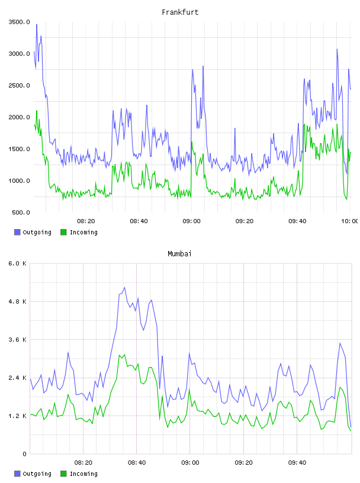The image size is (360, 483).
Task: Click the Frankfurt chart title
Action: [180, 12]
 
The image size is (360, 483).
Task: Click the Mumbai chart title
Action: [179, 253]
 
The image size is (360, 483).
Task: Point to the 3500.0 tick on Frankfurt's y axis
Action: [20, 22]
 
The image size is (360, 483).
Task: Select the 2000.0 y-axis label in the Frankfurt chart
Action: [20, 117]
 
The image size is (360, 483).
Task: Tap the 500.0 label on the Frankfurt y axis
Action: [21, 212]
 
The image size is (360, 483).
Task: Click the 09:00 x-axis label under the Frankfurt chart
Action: [191, 221]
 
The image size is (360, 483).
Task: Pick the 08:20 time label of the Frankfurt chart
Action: [86, 221]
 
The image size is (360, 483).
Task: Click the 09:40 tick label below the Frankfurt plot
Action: [297, 221]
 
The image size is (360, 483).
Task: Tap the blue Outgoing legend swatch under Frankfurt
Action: [17, 232]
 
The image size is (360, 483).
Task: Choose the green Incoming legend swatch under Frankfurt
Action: [63, 232]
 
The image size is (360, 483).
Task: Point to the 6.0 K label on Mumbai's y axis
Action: [18, 263]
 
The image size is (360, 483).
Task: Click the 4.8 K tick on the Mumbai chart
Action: [18, 301]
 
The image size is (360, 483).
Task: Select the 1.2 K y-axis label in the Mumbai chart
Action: [18, 416]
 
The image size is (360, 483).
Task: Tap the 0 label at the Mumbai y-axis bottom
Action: [25, 454]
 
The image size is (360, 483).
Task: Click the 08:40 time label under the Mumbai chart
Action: [137, 462]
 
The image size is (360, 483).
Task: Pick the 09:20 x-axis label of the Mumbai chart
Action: [243, 462]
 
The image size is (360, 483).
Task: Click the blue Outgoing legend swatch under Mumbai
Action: [17, 474]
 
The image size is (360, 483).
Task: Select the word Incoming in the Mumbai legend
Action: [83, 474]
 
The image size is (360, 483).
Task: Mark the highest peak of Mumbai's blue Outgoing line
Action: [124, 287]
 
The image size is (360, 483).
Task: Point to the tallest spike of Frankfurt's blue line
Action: [37, 24]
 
